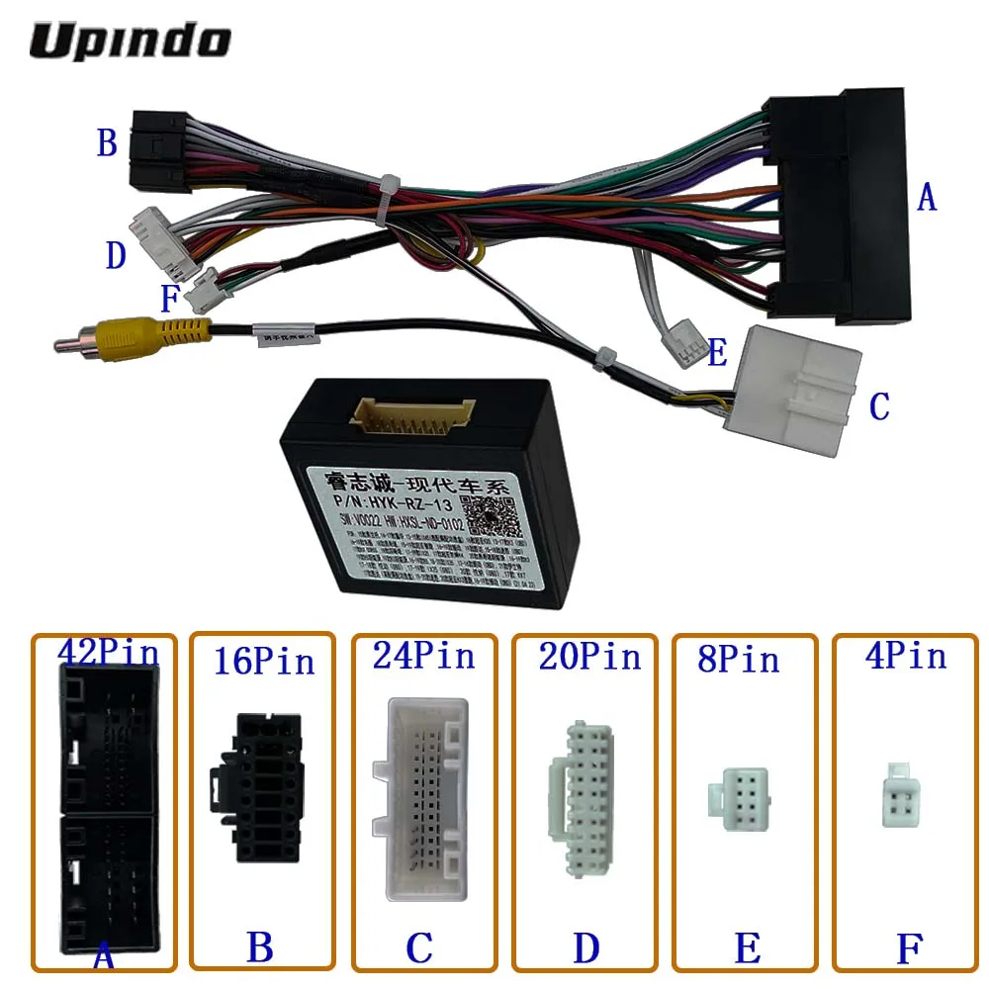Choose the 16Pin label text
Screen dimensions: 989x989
coord(264,661)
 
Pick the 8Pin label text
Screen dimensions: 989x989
coord(738,659)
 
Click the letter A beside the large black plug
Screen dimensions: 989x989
coord(925,198)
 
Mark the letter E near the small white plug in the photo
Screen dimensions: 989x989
coord(717,353)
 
